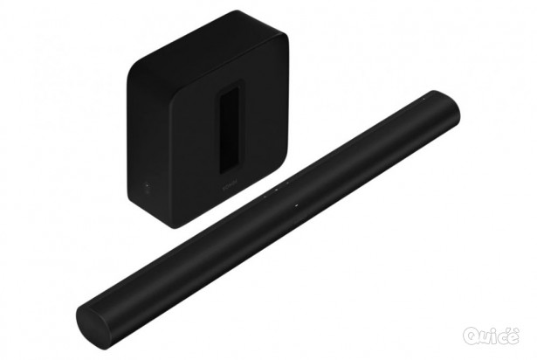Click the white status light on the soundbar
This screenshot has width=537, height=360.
(297, 206)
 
